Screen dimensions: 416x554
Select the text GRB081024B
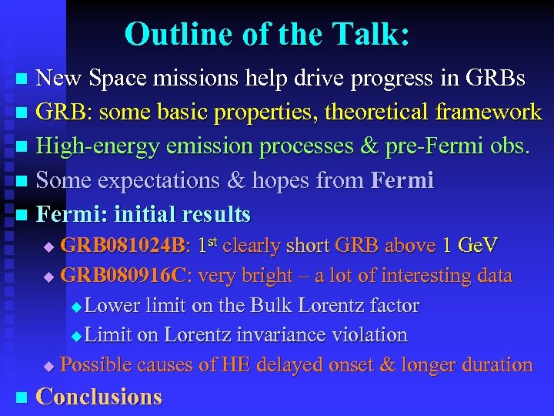coord(123,246)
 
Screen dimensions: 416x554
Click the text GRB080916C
coord(123,276)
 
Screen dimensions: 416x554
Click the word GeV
coord(477,246)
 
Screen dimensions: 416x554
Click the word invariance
coord(287,335)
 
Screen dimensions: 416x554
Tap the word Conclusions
coord(99,397)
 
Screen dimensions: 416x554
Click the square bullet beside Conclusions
coord(22,398)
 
